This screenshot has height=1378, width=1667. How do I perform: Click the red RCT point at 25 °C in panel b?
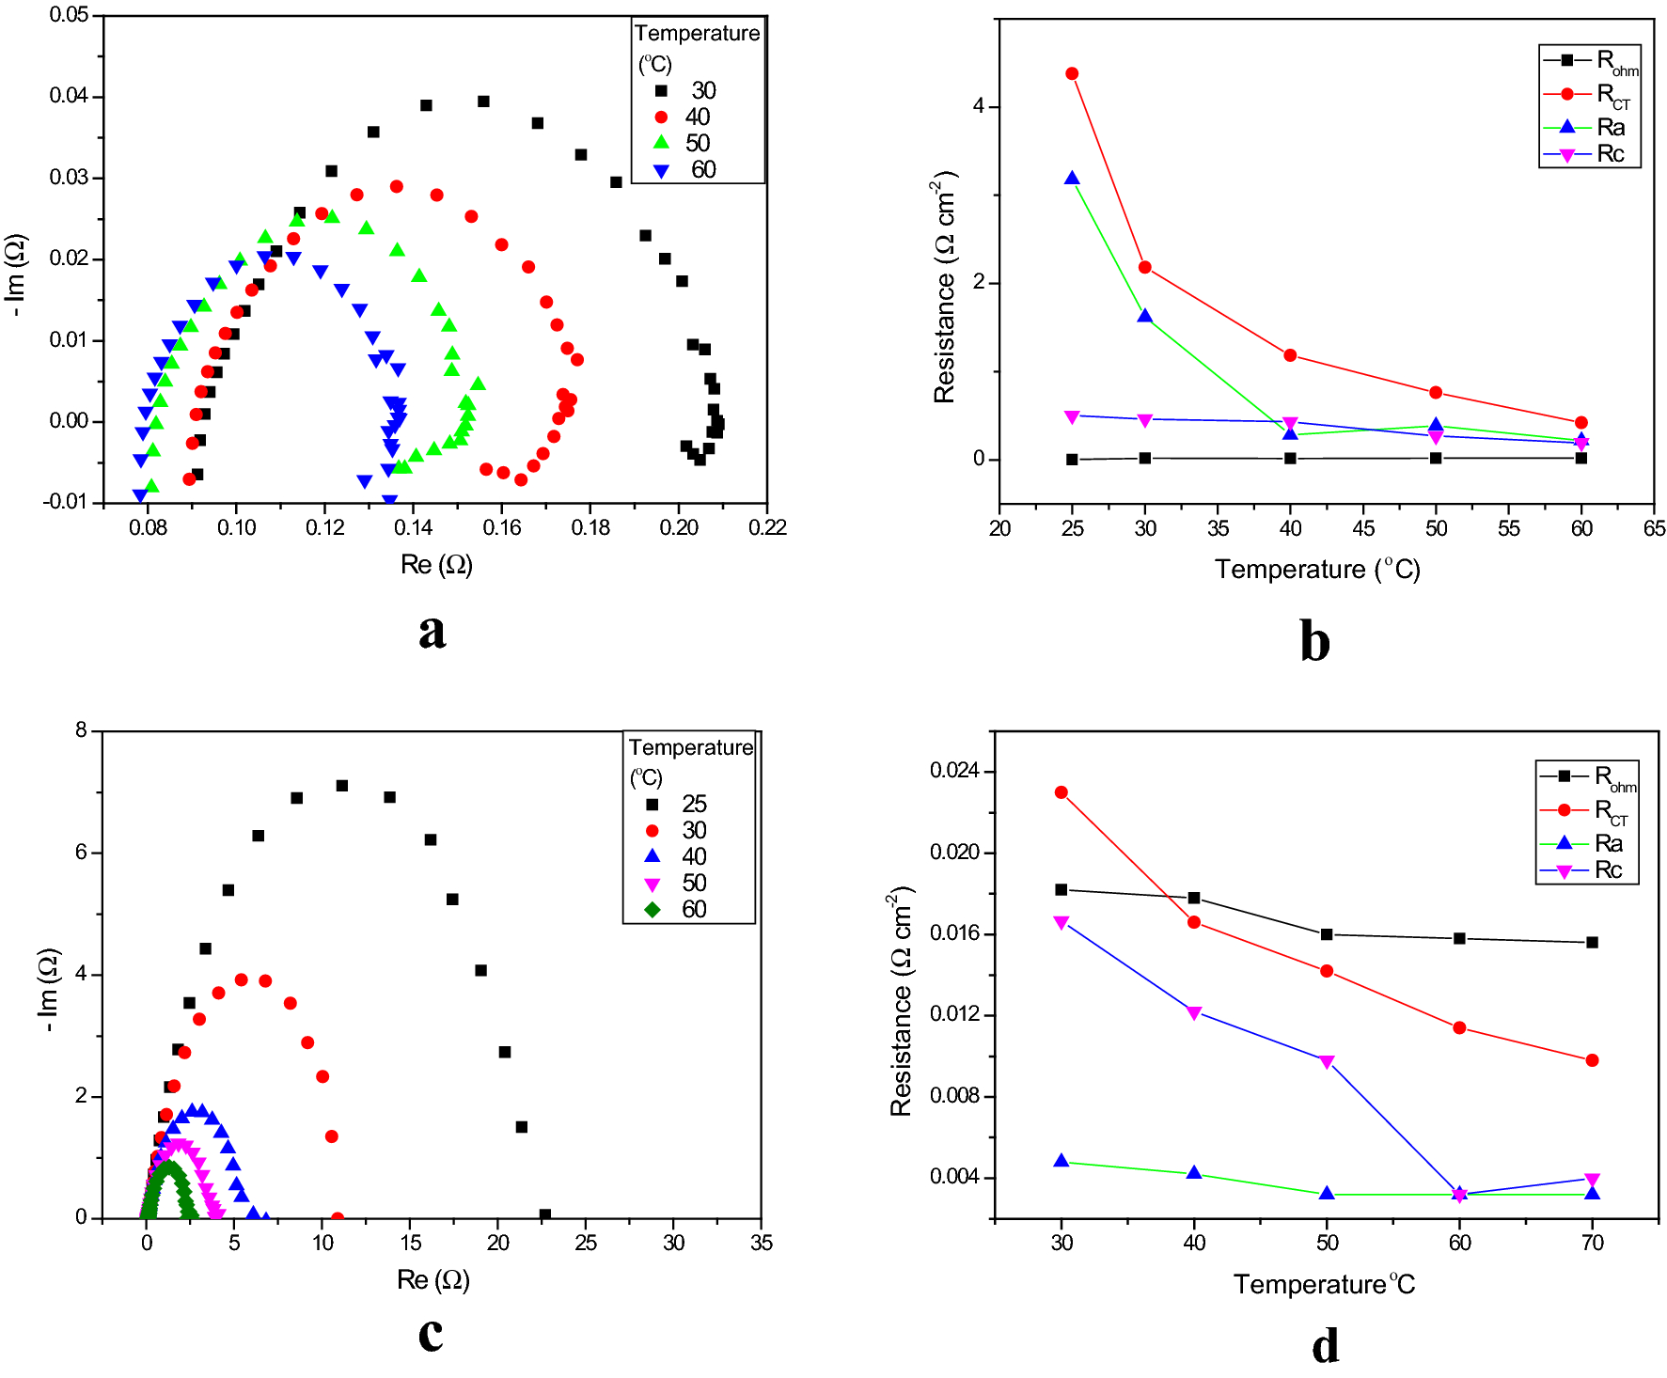(x=1072, y=73)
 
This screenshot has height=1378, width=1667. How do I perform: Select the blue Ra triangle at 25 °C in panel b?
(x=1072, y=178)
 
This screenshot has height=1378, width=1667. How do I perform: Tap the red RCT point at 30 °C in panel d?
(x=1062, y=792)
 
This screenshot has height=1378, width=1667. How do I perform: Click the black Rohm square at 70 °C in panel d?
(x=1592, y=942)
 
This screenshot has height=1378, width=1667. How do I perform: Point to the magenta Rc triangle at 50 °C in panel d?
(x=1327, y=1062)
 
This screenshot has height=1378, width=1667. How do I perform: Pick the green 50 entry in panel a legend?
(x=683, y=143)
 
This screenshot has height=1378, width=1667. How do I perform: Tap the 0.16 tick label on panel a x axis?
(x=501, y=528)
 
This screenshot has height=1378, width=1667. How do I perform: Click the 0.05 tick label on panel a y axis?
(x=69, y=15)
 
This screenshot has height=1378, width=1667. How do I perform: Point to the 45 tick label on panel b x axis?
(x=1363, y=528)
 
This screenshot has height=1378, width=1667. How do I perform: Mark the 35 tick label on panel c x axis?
(x=761, y=1243)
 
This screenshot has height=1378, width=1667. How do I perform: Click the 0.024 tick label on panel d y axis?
(x=954, y=771)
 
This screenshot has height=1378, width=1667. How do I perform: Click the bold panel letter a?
(x=432, y=631)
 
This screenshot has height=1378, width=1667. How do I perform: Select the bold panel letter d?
(x=1325, y=1346)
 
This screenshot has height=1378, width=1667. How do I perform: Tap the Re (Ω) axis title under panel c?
(x=432, y=1279)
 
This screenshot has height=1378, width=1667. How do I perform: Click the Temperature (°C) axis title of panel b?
(x=1316, y=570)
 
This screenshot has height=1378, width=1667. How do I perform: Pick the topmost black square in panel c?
(x=342, y=786)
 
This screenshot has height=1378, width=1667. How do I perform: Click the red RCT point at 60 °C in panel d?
(x=1459, y=1028)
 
